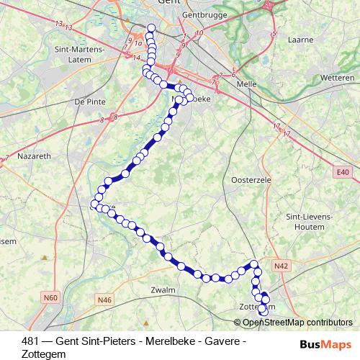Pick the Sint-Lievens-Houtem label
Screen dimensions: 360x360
pos(308,221)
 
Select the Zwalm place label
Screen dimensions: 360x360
pos(163,289)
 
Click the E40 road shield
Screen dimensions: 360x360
pos(342,172)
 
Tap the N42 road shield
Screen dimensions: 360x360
pos(282,266)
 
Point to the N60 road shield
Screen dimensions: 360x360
pos(50,297)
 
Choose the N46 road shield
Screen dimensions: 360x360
pos(105,299)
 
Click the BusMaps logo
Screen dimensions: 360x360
pos(325,344)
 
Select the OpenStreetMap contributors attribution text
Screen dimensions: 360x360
pos(298,323)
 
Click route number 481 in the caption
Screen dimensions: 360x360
pos(30,340)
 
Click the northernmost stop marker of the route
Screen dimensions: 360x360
pos(151,29)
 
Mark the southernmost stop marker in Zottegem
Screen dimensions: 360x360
pos(263,311)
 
